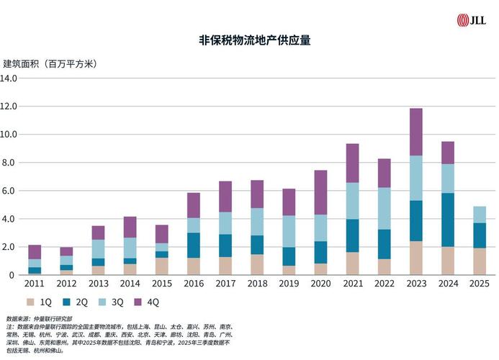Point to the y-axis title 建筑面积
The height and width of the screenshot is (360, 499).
(50, 63)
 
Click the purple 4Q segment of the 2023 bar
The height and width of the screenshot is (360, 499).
(416, 132)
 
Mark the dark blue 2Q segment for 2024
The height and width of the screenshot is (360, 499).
(448, 220)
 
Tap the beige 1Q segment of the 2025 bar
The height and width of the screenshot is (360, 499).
(480, 261)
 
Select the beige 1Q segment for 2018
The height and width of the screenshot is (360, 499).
(257, 264)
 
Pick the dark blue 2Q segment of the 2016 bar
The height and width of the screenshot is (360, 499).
(194, 245)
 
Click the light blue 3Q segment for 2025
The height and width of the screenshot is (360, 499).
(480, 215)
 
